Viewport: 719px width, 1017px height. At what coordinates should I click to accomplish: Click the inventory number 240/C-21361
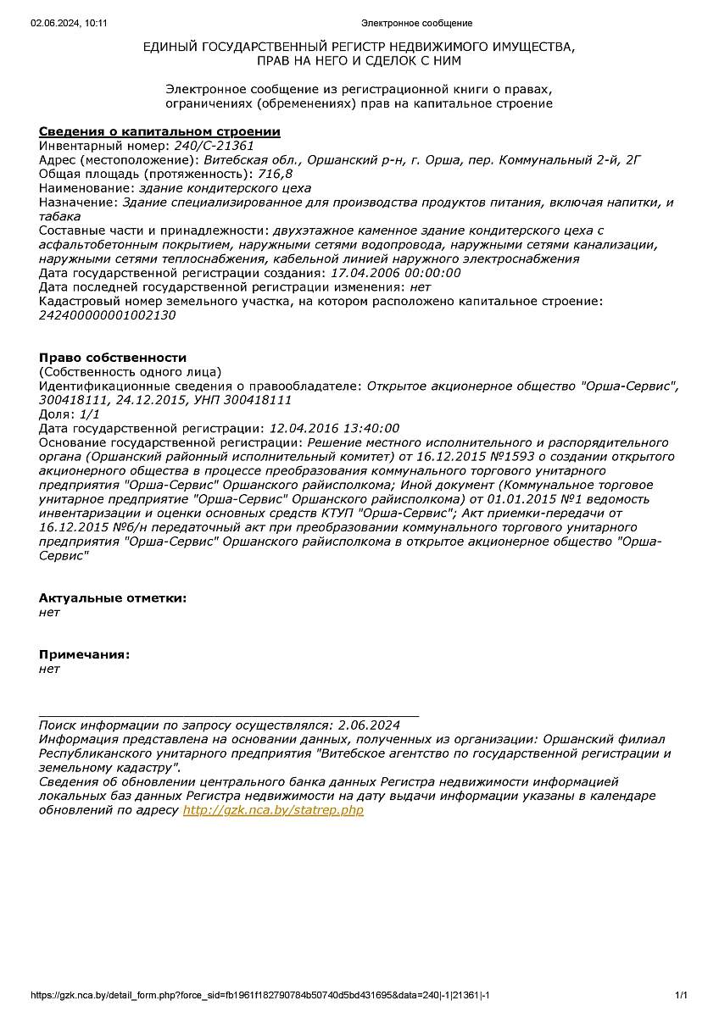pyautogui.click(x=214, y=146)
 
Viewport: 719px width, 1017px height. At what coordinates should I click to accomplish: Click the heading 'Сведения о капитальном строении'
pyautogui.click(x=159, y=131)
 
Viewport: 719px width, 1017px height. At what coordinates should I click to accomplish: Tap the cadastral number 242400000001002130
pyautogui.click(x=108, y=314)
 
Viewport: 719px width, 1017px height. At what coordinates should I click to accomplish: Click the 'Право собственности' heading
pyautogui.click(x=113, y=358)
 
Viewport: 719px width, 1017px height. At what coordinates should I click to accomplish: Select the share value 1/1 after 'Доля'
pyautogui.click(x=89, y=414)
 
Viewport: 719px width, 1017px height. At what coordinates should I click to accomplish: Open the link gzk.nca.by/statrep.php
pyautogui.click(x=273, y=810)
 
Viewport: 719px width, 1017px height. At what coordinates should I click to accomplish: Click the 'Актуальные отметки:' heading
pyautogui.click(x=113, y=598)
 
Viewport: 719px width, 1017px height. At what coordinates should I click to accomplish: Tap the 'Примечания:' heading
pyautogui.click(x=85, y=654)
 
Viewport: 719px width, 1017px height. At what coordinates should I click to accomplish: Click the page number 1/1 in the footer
pyautogui.click(x=681, y=995)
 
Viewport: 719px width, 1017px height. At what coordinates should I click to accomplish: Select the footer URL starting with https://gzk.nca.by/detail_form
pyautogui.click(x=260, y=995)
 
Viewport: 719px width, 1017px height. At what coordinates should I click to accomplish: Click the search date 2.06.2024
pyautogui.click(x=368, y=725)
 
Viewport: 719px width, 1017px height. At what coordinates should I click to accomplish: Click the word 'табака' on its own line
pyautogui.click(x=60, y=216)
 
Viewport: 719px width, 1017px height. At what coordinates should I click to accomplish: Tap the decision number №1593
pyautogui.click(x=485, y=456)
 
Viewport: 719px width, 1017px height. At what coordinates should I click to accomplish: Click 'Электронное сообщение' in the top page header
pyautogui.click(x=416, y=23)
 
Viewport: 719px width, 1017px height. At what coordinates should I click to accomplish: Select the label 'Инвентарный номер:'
pyautogui.click(x=104, y=146)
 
